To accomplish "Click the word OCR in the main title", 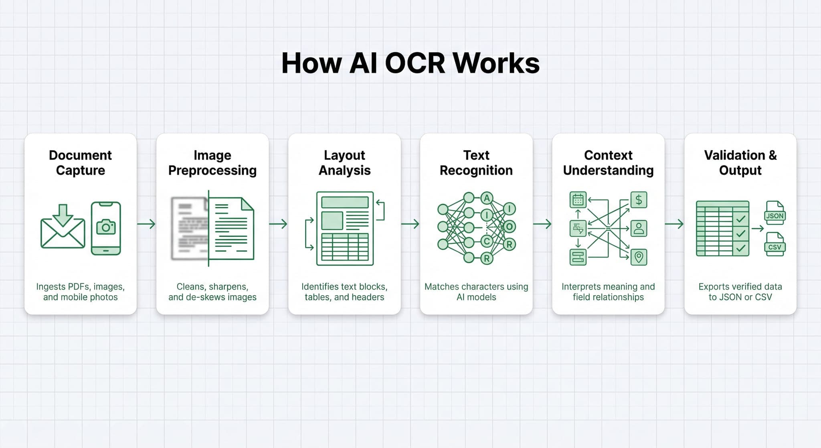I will point(415,63).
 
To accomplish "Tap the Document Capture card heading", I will point(80,162).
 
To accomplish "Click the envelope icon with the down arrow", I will point(63,227).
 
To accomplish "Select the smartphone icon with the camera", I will point(106,228).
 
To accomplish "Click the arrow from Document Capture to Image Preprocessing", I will point(146,224).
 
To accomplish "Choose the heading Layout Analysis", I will point(344,162).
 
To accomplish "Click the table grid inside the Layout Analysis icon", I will point(345,247).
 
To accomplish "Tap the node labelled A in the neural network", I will point(487,198).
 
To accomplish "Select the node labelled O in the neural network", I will point(509,227).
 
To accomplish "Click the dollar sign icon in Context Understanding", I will point(639,199).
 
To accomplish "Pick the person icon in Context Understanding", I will point(639,228).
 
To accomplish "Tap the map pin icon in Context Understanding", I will point(639,257).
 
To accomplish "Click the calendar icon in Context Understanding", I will point(578,199).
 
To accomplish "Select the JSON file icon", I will point(774,213).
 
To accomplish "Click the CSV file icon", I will point(774,245).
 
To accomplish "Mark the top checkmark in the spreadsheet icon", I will point(741,219).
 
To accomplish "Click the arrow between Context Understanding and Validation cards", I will point(674,224).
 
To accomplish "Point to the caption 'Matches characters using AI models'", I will point(476,292).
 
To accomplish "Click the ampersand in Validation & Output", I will point(772,155).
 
